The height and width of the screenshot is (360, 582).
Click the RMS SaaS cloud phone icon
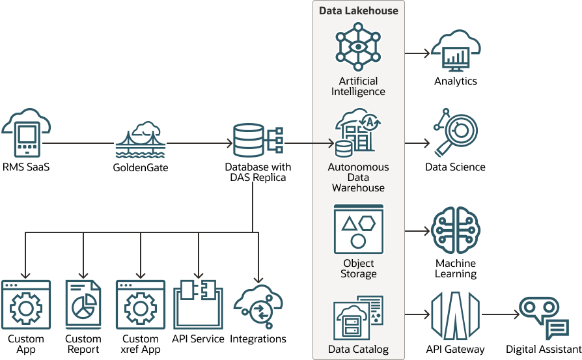coord(26,133)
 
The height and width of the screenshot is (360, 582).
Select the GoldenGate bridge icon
coord(141,139)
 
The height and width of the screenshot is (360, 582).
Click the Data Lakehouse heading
coord(358,11)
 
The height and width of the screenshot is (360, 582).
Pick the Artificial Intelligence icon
coord(358,47)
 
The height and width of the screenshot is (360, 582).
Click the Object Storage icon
coord(358,229)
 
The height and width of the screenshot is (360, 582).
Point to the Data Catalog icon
coord(358,318)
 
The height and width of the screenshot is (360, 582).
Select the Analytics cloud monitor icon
coord(456,52)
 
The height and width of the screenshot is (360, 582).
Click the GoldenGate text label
coord(140,167)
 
